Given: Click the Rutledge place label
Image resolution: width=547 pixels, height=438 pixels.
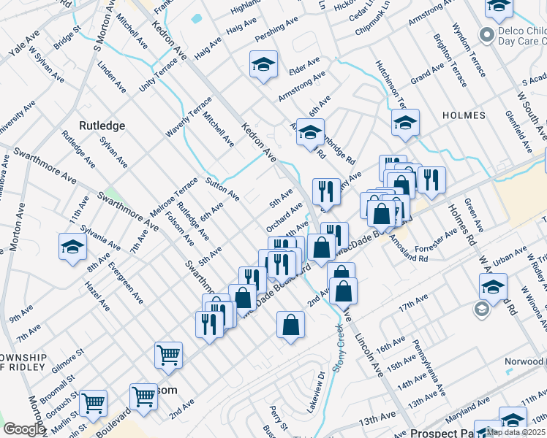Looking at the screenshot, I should (x=102, y=126).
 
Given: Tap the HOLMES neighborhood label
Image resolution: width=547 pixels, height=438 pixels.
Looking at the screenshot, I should (x=464, y=115).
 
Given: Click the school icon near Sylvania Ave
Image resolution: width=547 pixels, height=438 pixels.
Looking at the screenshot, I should (x=72, y=247).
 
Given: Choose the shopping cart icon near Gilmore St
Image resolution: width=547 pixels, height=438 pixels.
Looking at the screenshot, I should (x=168, y=355).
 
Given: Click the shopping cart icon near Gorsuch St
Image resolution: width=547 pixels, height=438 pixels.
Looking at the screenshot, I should (x=93, y=402).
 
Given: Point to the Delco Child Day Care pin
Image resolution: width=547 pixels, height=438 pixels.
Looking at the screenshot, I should (x=485, y=34).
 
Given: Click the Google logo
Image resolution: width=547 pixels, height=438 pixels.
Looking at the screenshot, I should (x=24, y=429).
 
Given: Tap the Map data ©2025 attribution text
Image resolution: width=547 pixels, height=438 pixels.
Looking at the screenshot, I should (x=516, y=432).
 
